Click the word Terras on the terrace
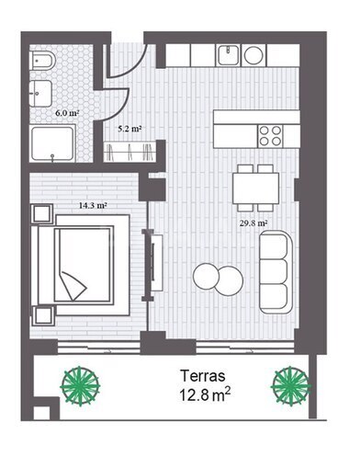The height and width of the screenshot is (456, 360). (203, 376)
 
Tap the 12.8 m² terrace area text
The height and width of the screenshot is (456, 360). (205, 394)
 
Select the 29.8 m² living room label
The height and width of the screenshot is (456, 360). (253, 223)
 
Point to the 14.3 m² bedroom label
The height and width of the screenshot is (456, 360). (93, 205)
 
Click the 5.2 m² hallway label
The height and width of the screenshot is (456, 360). (129, 129)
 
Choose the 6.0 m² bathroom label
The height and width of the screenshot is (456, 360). (67, 113)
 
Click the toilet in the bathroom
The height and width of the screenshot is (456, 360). (43, 61)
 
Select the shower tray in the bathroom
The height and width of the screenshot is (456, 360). (53, 143)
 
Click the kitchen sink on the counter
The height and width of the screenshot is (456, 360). (229, 55)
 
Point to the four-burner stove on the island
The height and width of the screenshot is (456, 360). (270, 136)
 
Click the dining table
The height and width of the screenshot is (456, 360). (256, 188)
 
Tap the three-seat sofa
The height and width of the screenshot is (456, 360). (276, 272)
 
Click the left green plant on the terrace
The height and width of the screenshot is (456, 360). (80, 386)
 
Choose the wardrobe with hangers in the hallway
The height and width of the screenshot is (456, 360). (130, 152)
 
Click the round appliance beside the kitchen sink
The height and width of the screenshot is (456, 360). (253, 55)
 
